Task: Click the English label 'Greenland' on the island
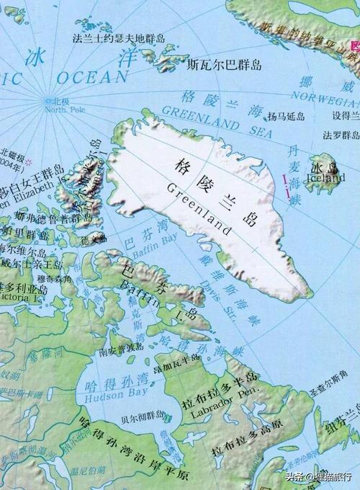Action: tap(199, 210)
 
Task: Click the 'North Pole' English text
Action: tap(64, 110)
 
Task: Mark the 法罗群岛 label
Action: tap(341, 135)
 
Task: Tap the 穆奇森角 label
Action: tap(52, 277)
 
